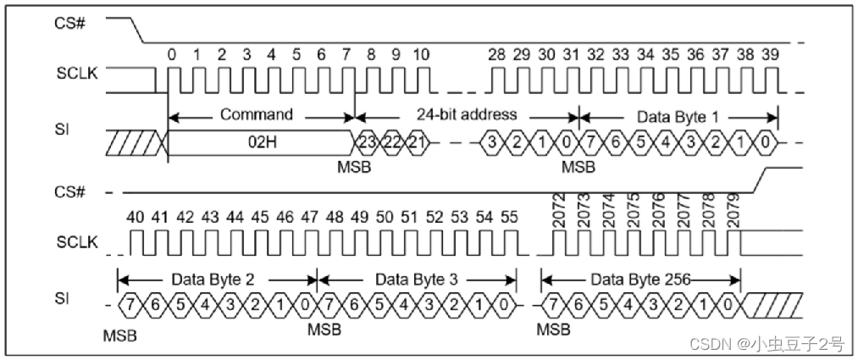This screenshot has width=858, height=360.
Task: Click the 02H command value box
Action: click(x=260, y=141)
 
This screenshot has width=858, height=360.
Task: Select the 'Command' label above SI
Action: click(x=257, y=114)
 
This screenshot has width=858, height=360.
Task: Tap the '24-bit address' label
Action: click(x=466, y=114)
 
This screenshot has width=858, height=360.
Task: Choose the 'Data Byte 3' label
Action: click(x=417, y=278)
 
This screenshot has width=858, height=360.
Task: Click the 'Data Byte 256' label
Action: click(x=640, y=278)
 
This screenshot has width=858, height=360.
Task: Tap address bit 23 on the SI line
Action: click(x=367, y=141)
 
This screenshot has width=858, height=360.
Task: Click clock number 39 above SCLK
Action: click(x=769, y=54)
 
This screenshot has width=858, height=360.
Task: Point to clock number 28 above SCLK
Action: click(x=497, y=54)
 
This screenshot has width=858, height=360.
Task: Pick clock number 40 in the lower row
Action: click(x=135, y=218)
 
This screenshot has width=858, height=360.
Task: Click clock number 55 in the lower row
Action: click(x=508, y=218)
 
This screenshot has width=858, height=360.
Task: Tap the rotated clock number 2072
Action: click(x=559, y=210)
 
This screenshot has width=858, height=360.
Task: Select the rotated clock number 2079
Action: click(x=733, y=210)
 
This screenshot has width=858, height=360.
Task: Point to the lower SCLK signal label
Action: click(x=78, y=243)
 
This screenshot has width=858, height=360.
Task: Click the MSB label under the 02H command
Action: click(x=353, y=168)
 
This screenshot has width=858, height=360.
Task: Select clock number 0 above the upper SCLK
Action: click(x=171, y=54)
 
